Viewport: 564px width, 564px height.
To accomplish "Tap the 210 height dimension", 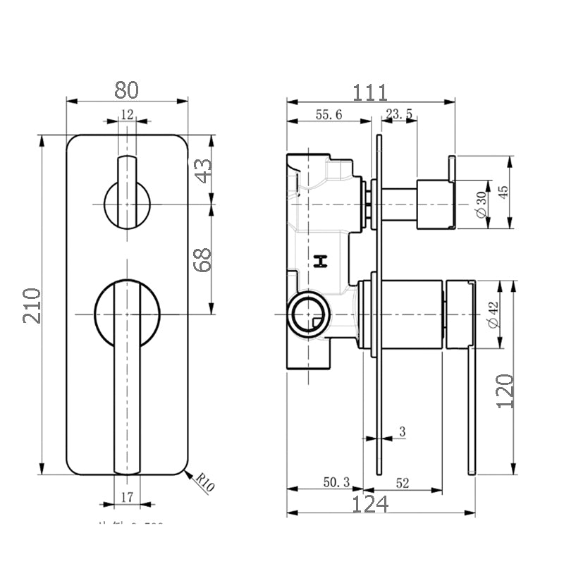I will point(32,305).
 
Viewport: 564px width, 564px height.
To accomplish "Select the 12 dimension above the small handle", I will point(127,114).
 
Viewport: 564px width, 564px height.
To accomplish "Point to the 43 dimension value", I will point(203,171).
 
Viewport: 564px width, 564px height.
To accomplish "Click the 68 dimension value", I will point(203,260).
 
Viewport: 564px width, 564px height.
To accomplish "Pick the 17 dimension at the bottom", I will point(127,497).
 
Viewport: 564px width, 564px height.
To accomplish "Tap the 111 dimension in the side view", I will point(370,92).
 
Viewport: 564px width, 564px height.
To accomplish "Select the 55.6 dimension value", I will point(329,115).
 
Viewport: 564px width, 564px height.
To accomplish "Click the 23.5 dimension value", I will point(400,115).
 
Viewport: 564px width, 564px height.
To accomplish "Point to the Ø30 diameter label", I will point(482,204).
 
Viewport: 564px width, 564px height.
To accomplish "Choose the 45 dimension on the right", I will point(503,192).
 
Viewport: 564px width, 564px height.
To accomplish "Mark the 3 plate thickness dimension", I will point(402,431).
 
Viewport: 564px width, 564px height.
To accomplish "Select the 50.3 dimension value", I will point(336,483).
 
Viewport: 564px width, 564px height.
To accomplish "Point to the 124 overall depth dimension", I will point(370,505).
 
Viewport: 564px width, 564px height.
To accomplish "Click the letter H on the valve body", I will point(321,262).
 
